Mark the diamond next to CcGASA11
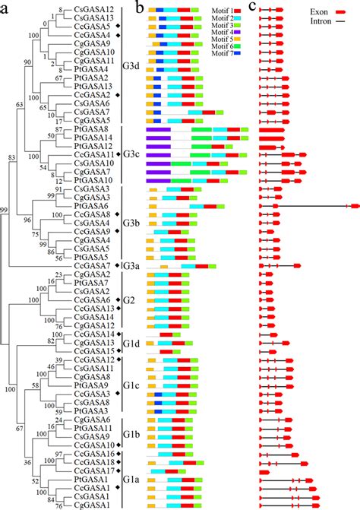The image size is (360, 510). point(117,154)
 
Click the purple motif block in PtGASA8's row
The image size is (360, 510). point(157,130)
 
